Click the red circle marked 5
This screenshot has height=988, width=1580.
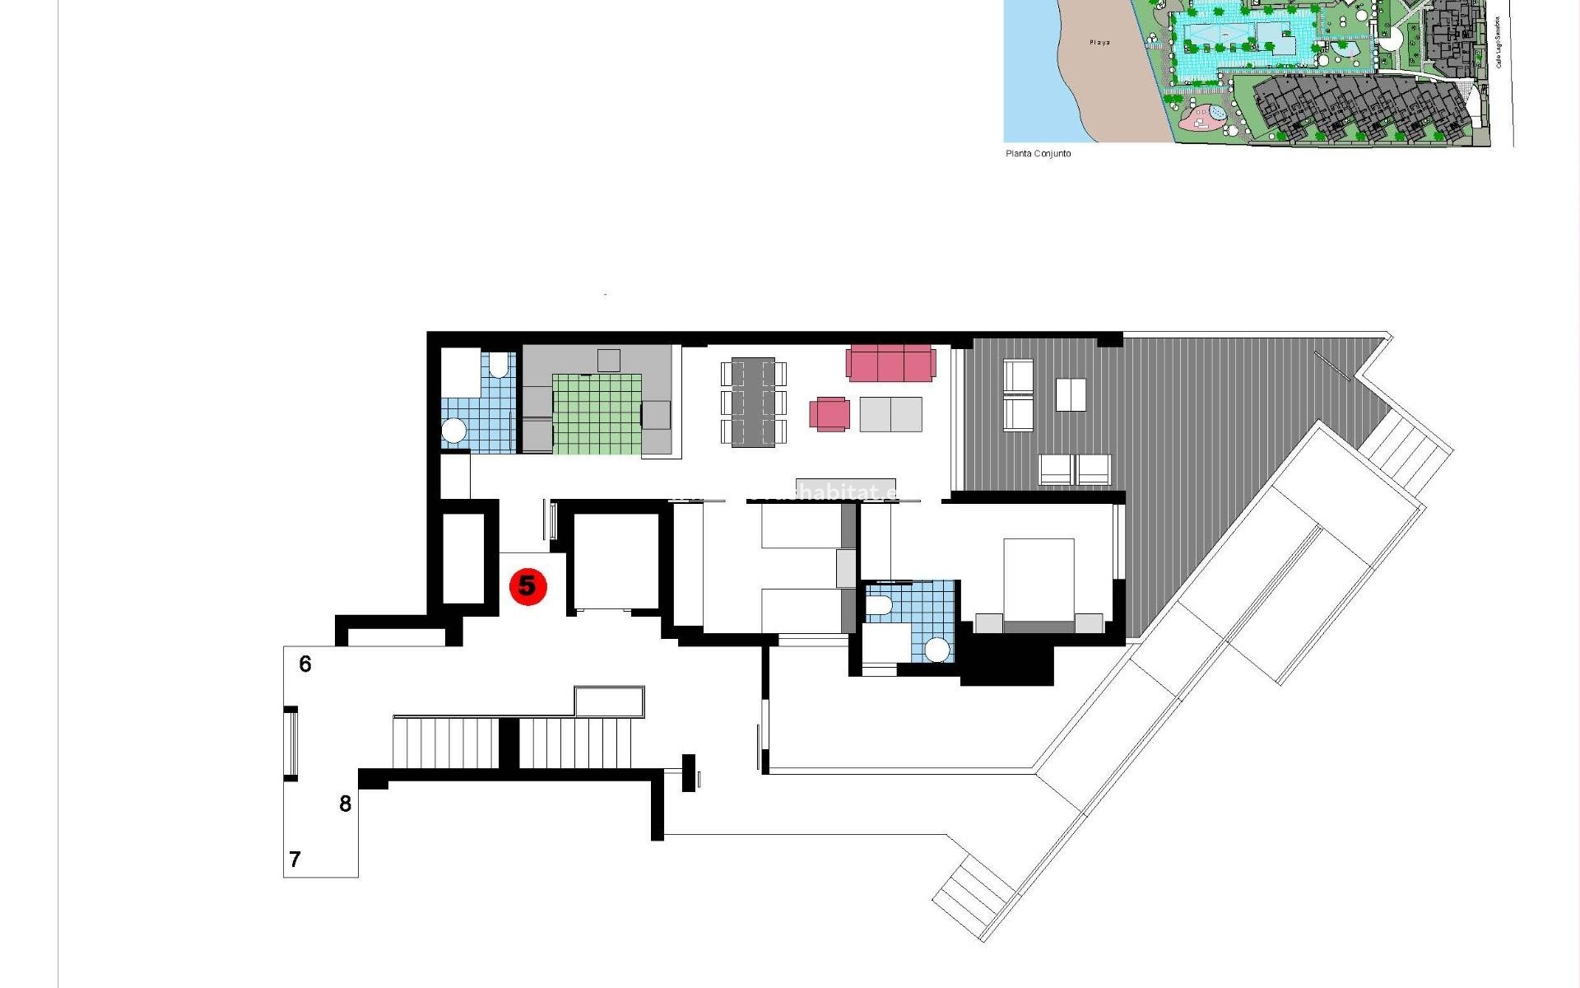(x=527, y=586)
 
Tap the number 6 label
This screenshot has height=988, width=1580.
(x=305, y=664)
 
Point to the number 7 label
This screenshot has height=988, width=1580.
(x=295, y=859)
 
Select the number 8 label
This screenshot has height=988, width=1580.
(x=346, y=803)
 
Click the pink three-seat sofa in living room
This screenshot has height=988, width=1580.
(x=890, y=363)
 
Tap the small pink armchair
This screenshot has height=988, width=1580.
(x=829, y=413)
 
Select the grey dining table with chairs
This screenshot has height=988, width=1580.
(x=753, y=402)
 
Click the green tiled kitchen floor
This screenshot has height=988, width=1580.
(x=597, y=414)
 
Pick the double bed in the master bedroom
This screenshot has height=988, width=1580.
(x=1039, y=580)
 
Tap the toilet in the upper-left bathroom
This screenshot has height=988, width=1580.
(x=499, y=364)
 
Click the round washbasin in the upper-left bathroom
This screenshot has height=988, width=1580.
(x=453, y=430)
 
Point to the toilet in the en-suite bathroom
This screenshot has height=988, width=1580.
(x=879, y=606)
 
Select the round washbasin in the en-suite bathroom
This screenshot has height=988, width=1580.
(x=936, y=650)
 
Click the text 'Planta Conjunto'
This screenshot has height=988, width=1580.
(x=1038, y=153)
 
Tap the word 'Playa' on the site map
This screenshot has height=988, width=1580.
(x=1099, y=42)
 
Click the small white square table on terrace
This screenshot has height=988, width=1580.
(x=1070, y=394)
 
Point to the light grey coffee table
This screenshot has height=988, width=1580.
(x=890, y=413)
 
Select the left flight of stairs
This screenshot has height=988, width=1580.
(x=445, y=742)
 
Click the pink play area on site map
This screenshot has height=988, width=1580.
(x=1203, y=118)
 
